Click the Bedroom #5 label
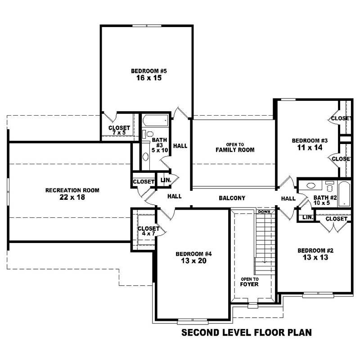point(146,71)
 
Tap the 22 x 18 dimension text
point(72,197)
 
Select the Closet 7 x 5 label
point(119,130)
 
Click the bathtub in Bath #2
point(344,193)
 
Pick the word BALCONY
point(232,198)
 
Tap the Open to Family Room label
point(235,147)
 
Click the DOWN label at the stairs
point(264,211)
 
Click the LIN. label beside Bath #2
point(308,217)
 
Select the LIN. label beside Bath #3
point(166,180)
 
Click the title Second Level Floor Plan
point(246,333)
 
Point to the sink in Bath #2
point(311,185)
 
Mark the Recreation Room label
point(72,190)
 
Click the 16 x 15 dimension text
point(146,78)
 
